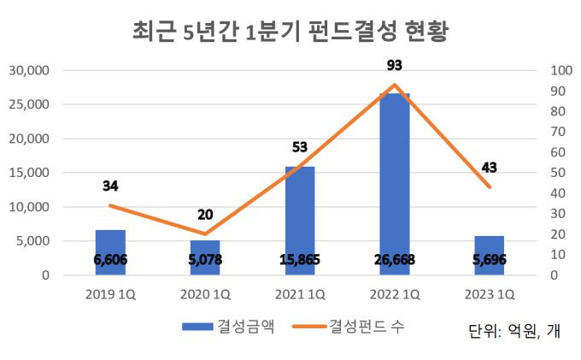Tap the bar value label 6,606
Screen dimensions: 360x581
point(110,260)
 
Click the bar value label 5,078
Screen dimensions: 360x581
point(205,260)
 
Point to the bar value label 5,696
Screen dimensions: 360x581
point(490,260)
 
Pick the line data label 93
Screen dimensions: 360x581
point(394,65)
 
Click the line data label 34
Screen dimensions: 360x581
point(110,186)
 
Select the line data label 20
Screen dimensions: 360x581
point(205,215)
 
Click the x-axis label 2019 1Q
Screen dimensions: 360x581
point(110,295)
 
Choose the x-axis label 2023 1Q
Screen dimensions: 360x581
point(490,295)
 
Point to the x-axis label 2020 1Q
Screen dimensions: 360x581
point(205,295)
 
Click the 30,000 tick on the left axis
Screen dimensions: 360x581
point(30,70)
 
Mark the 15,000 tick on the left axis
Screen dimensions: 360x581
point(30,173)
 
